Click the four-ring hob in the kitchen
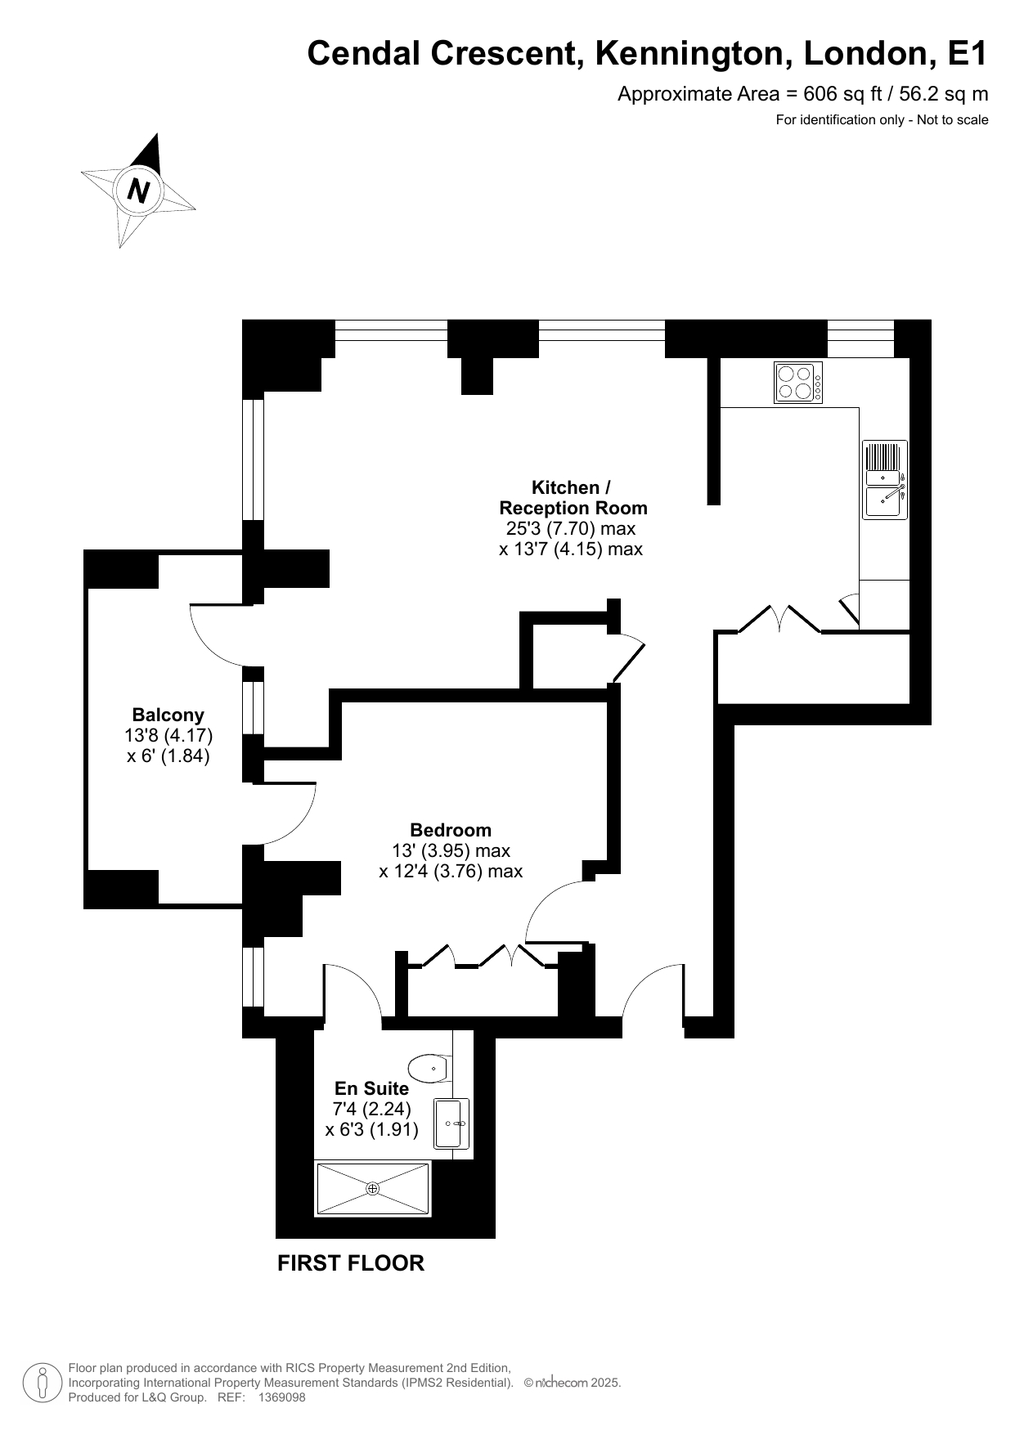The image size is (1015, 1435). point(798,383)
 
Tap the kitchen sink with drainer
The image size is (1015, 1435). point(885,479)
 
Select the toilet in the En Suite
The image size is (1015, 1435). point(429,1067)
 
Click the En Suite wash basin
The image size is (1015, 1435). point(451,1123)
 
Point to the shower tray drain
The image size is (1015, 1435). point(372,1188)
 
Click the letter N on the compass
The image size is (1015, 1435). point(139,191)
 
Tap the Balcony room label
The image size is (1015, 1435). point(168,714)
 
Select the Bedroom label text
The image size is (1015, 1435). point(451,830)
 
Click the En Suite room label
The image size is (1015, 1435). point(371,1088)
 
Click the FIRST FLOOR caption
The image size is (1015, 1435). point(351,1263)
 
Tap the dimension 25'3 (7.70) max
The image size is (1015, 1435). point(571,528)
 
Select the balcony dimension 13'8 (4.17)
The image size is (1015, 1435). point(168,735)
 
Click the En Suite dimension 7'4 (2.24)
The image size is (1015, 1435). point(371,1109)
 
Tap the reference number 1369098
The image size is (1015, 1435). point(281,1398)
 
